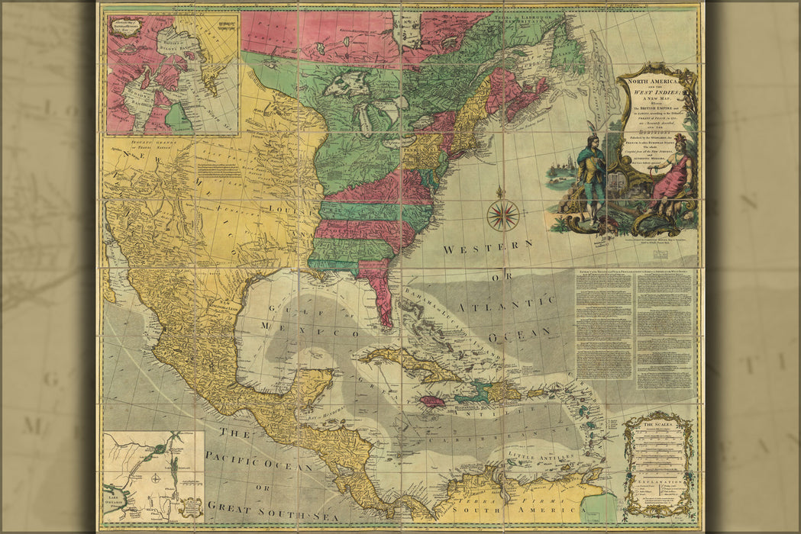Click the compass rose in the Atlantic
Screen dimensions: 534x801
[x=502, y=214]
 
